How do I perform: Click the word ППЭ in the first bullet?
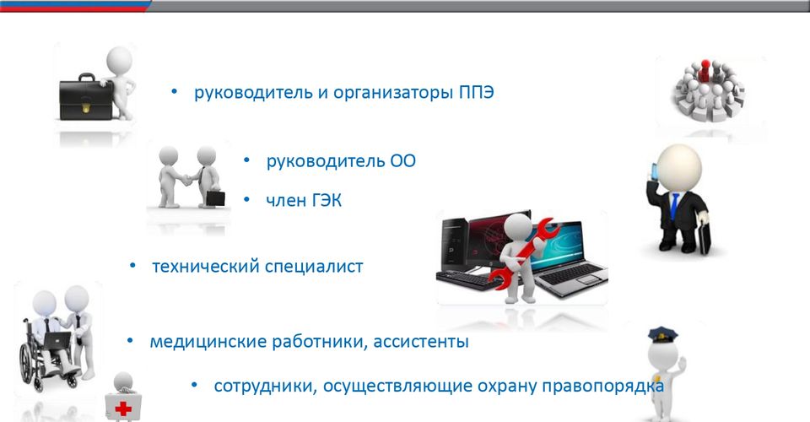click(476, 93)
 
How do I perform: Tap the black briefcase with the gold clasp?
click(86, 98)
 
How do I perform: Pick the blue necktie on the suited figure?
click(674, 207)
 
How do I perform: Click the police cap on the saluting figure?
click(663, 335)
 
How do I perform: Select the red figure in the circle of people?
click(705, 70)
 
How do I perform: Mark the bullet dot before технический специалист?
click(132, 266)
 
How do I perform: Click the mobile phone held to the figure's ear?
click(655, 171)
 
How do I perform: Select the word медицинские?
click(208, 342)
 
